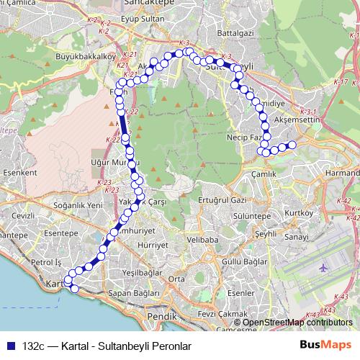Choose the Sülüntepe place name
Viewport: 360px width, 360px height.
(253, 215)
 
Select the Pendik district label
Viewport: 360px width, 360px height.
(161, 315)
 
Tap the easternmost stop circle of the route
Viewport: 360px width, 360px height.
(292, 145)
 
